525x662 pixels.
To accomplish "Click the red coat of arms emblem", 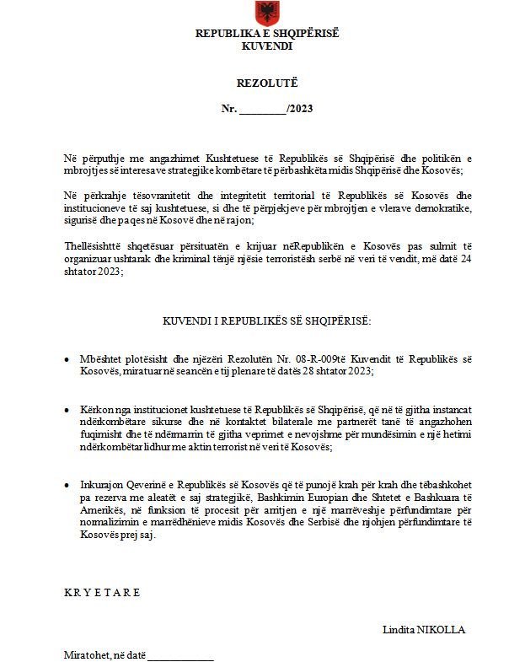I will [267, 13].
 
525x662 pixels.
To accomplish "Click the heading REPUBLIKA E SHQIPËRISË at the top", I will [267, 34].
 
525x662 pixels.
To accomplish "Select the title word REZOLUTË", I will [266, 83].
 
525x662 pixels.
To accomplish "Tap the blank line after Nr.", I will [263, 110].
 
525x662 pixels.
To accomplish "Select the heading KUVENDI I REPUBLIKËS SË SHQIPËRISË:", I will [266, 321].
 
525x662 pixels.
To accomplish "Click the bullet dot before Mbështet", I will [67, 360].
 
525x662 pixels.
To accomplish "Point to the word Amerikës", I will [85, 511].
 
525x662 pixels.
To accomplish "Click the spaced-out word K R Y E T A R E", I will [102, 592].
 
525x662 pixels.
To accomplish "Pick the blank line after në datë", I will [180, 657].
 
